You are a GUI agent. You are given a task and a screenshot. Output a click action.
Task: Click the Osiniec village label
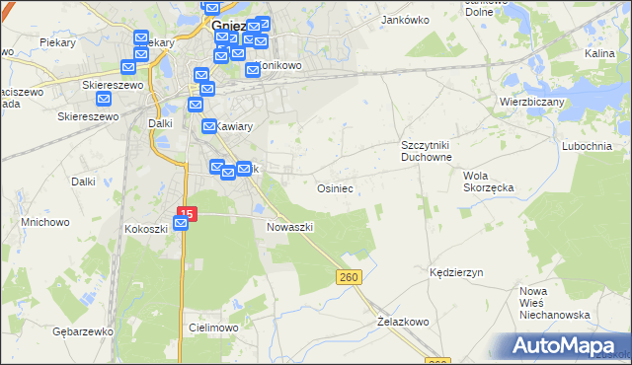tap(335, 186)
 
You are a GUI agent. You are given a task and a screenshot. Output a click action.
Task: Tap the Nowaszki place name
tap(290, 226)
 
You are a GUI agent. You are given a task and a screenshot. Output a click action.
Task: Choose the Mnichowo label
tap(45, 222)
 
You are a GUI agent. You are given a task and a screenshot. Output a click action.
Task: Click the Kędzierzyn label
tap(455, 271)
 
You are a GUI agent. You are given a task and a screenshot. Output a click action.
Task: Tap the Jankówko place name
tap(402, 19)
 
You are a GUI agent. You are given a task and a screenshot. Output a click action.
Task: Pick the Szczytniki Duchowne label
tap(426, 151)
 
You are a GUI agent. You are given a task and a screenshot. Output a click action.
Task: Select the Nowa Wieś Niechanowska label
tap(554, 303)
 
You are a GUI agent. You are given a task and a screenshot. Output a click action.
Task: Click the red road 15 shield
tap(188, 212)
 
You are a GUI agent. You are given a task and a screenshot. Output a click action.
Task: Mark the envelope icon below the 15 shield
tap(181, 225)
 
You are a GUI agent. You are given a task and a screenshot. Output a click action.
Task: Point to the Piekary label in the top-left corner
tap(58, 42)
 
